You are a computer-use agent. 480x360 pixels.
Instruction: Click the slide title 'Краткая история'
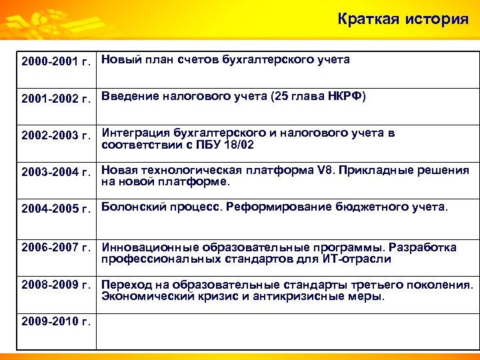coord(403,19)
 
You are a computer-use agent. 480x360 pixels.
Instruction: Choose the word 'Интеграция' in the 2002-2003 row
coord(135,133)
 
